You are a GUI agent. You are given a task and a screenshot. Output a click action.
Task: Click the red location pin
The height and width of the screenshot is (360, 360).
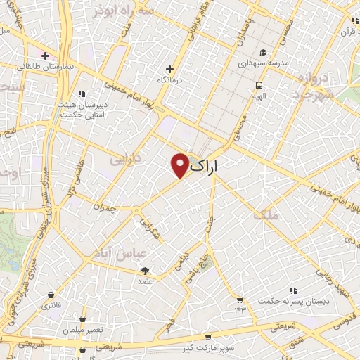[180, 165]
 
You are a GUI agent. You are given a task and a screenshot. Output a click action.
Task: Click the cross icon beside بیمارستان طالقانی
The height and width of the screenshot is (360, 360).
[46, 55]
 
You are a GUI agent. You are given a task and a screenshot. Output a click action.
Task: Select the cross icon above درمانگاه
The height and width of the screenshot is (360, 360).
[169, 69]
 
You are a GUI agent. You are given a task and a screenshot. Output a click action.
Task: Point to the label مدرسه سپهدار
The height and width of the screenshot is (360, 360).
[264, 63]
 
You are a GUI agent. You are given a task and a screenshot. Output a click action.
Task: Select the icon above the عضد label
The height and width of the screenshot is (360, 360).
[145, 270]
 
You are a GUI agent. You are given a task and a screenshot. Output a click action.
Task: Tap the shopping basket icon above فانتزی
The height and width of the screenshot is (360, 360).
[51, 296]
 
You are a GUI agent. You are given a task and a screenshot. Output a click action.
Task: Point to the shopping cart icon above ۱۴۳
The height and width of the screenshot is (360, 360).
[240, 300]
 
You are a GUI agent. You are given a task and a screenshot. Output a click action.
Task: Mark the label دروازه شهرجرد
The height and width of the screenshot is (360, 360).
[314, 86]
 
